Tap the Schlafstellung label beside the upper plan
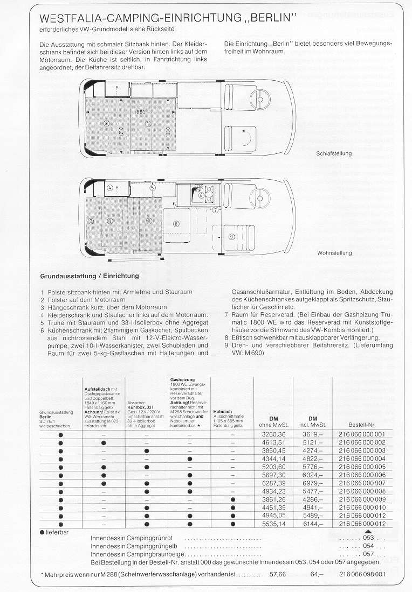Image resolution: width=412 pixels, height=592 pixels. point(334,153)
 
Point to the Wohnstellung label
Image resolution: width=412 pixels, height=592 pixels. point(334,252)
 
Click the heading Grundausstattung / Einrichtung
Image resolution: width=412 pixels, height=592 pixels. point(90,276)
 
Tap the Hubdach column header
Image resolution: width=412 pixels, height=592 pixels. point(223,412)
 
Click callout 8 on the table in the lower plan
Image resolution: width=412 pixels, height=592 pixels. point(176,223)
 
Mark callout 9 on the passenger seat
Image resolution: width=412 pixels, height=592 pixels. point(231,236)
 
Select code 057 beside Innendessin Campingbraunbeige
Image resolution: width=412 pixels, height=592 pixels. point(368,554)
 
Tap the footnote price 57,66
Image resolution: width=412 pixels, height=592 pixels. point(277,574)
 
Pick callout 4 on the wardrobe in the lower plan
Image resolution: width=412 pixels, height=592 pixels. point(110,188)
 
